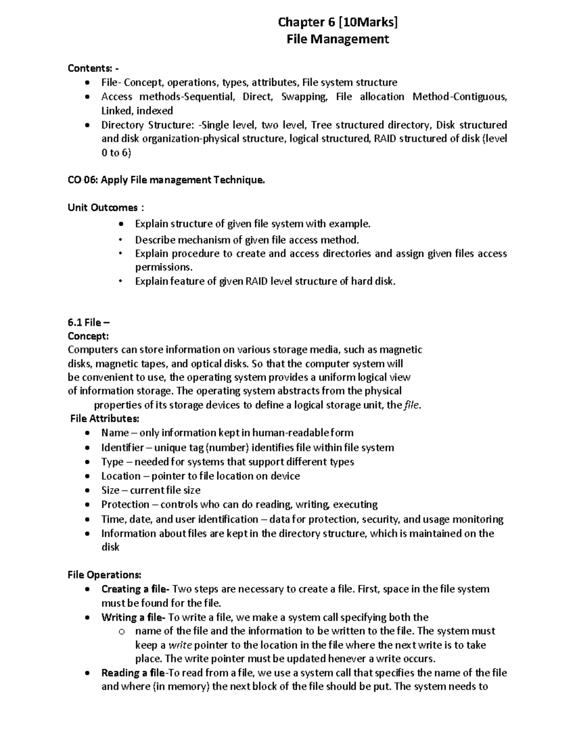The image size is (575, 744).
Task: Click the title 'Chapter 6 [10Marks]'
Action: [338, 22]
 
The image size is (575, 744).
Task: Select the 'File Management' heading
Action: [338, 39]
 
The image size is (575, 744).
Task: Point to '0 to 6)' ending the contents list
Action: [116, 153]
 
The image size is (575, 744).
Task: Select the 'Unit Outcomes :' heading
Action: [105, 207]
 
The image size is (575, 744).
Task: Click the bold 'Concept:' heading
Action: [88, 336]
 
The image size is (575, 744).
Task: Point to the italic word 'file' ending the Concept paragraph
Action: [412, 405]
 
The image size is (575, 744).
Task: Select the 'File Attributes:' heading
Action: [104, 419]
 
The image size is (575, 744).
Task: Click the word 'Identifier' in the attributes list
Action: [122, 447]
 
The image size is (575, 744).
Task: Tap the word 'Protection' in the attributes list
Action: [125, 504]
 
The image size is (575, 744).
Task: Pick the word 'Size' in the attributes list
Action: [110, 490]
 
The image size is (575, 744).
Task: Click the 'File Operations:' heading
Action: [104, 574]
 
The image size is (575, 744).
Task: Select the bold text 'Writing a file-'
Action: [133, 617]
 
